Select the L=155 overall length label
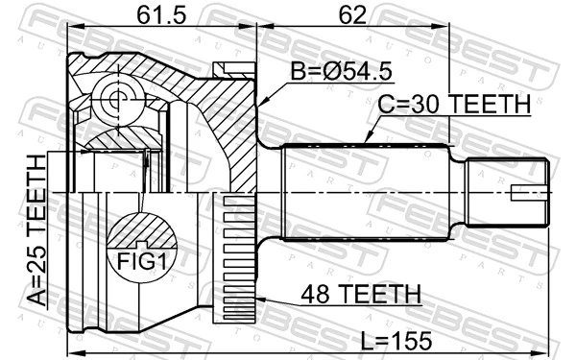(396, 339)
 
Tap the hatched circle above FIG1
(142, 232)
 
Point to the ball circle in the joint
(115, 96)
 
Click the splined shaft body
(365, 192)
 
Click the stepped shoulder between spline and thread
(460, 193)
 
